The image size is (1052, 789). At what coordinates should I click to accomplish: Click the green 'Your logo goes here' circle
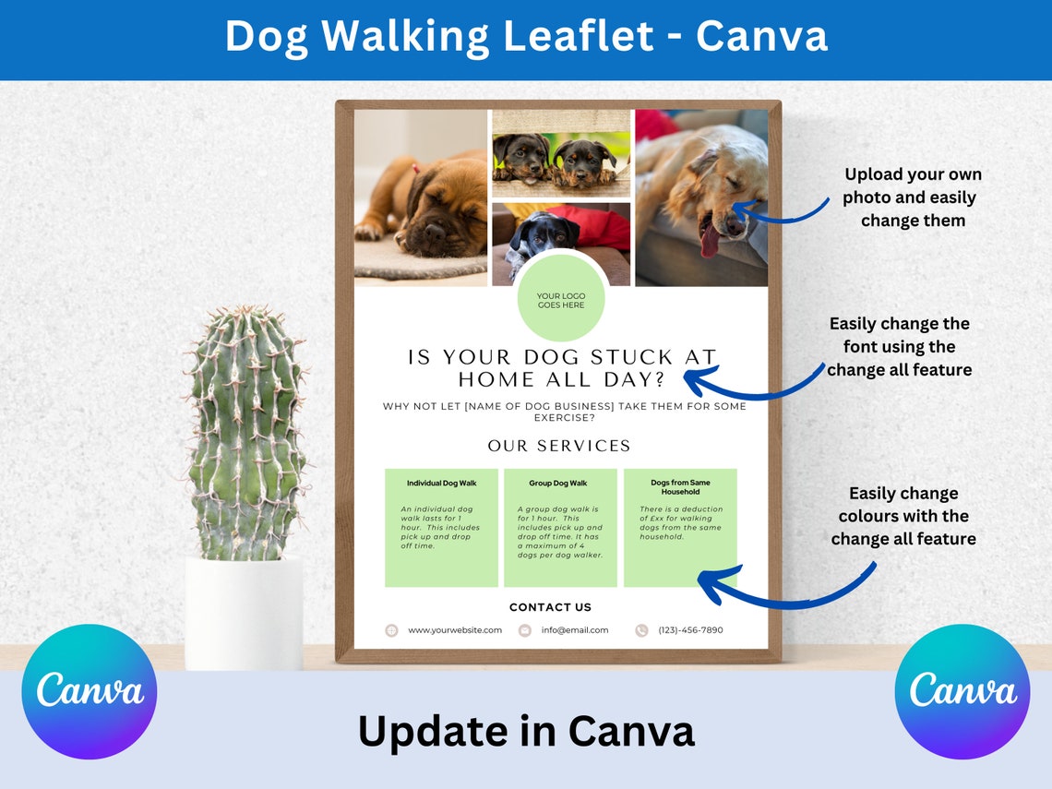(561, 299)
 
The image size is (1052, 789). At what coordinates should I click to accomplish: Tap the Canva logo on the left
(90, 692)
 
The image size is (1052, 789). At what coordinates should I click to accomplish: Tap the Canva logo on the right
(962, 692)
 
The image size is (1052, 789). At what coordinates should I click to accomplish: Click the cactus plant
(245, 434)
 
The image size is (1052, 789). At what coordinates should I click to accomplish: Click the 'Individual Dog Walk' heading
(441, 484)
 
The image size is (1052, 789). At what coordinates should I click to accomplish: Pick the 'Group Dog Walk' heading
(558, 484)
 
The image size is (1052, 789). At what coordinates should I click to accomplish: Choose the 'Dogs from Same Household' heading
(680, 487)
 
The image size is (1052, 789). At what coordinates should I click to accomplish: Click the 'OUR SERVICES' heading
(559, 446)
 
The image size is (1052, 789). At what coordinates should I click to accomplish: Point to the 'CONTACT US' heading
(551, 607)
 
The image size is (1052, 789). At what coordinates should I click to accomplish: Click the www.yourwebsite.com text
(455, 630)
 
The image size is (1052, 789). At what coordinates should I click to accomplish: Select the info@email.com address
(575, 630)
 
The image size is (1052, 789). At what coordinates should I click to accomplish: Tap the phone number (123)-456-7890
(690, 630)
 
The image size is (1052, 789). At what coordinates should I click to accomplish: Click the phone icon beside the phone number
(641, 630)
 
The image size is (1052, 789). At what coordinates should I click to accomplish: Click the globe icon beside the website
(391, 630)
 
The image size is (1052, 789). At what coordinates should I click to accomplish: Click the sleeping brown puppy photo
(421, 198)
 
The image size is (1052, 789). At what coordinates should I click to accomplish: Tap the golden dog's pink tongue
(709, 242)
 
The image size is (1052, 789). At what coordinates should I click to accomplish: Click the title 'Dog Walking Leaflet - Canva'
(526, 37)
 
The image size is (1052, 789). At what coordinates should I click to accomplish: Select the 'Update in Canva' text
(526, 731)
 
